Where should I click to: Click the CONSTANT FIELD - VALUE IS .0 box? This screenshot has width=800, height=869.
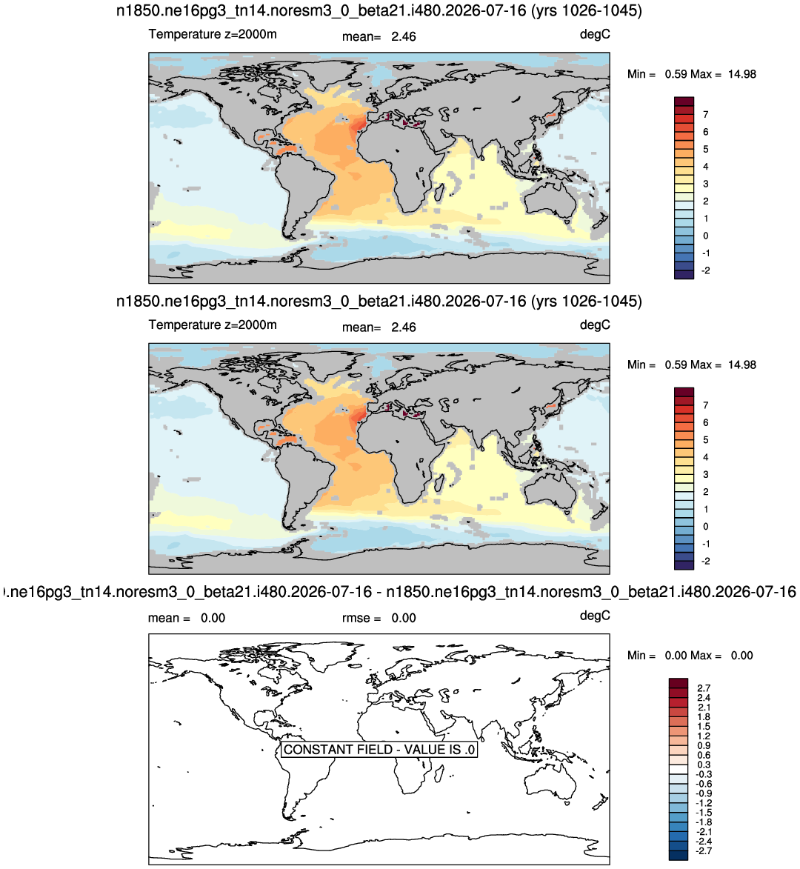(x=379, y=749)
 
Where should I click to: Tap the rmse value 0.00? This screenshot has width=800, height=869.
(x=403, y=618)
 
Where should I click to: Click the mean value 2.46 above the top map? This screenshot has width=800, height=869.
(x=403, y=36)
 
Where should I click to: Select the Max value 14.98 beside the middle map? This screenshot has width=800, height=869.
(x=741, y=364)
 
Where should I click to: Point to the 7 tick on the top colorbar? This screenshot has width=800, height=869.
(x=705, y=115)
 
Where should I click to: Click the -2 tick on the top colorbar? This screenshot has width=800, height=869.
(x=705, y=271)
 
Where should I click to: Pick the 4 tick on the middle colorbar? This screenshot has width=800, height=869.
(x=705, y=457)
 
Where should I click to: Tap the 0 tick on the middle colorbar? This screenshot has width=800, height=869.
(x=705, y=527)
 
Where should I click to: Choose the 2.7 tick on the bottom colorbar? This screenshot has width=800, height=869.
(x=704, y=688)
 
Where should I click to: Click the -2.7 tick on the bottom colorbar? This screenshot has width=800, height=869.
(x=704, y=850)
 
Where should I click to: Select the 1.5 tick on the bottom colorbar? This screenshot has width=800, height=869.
(x=704, y=727)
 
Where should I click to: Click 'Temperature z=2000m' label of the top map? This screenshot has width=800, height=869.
(x=213, y=34)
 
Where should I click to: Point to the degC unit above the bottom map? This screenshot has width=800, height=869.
(x=595, y=616)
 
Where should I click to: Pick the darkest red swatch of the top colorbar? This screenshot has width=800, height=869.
(x=684, y=101)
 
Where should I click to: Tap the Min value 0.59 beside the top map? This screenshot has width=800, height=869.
(x=677, y=74)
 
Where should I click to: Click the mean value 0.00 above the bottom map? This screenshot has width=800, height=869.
(x=213, y=618)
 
